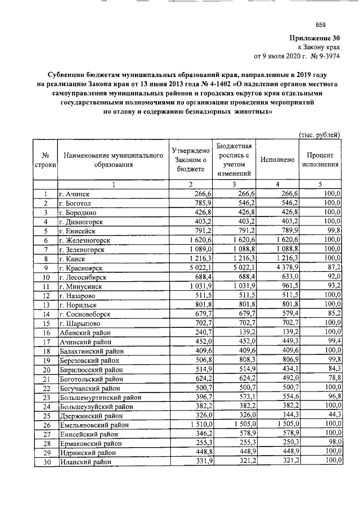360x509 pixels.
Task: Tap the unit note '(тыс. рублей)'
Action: (319, 134)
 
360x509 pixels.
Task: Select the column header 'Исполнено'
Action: (277, 160)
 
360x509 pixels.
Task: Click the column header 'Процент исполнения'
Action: (320, 160)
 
